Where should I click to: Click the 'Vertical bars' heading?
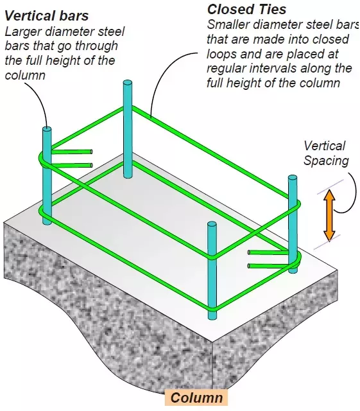click(x=47, y=15)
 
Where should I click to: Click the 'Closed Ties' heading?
click(x=246, y=10)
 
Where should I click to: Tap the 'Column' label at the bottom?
click(x=196, y=398)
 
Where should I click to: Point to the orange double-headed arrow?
click(x=329, y=215)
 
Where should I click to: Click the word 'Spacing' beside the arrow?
click(x=326, y=161)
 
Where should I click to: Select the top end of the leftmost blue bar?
click(x=47, y=129)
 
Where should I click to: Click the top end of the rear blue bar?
click(x=128, y=83)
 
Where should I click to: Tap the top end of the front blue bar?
click(x=212, y=225)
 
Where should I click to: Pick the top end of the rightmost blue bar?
click(x=293, y=178)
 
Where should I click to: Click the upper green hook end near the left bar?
click(x=91, y=152)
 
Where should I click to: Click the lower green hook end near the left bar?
click(x=91, y=165)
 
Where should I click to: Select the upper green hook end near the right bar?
click(x=249, y=252)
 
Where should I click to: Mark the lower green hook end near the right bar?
click(x=249, y=266)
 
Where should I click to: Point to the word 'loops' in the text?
click(x=221, y=54)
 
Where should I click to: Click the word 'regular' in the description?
click(x=226, y=69)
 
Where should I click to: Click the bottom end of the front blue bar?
click(x=212, y=317)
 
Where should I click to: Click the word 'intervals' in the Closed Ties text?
click(x=273, y=68)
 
